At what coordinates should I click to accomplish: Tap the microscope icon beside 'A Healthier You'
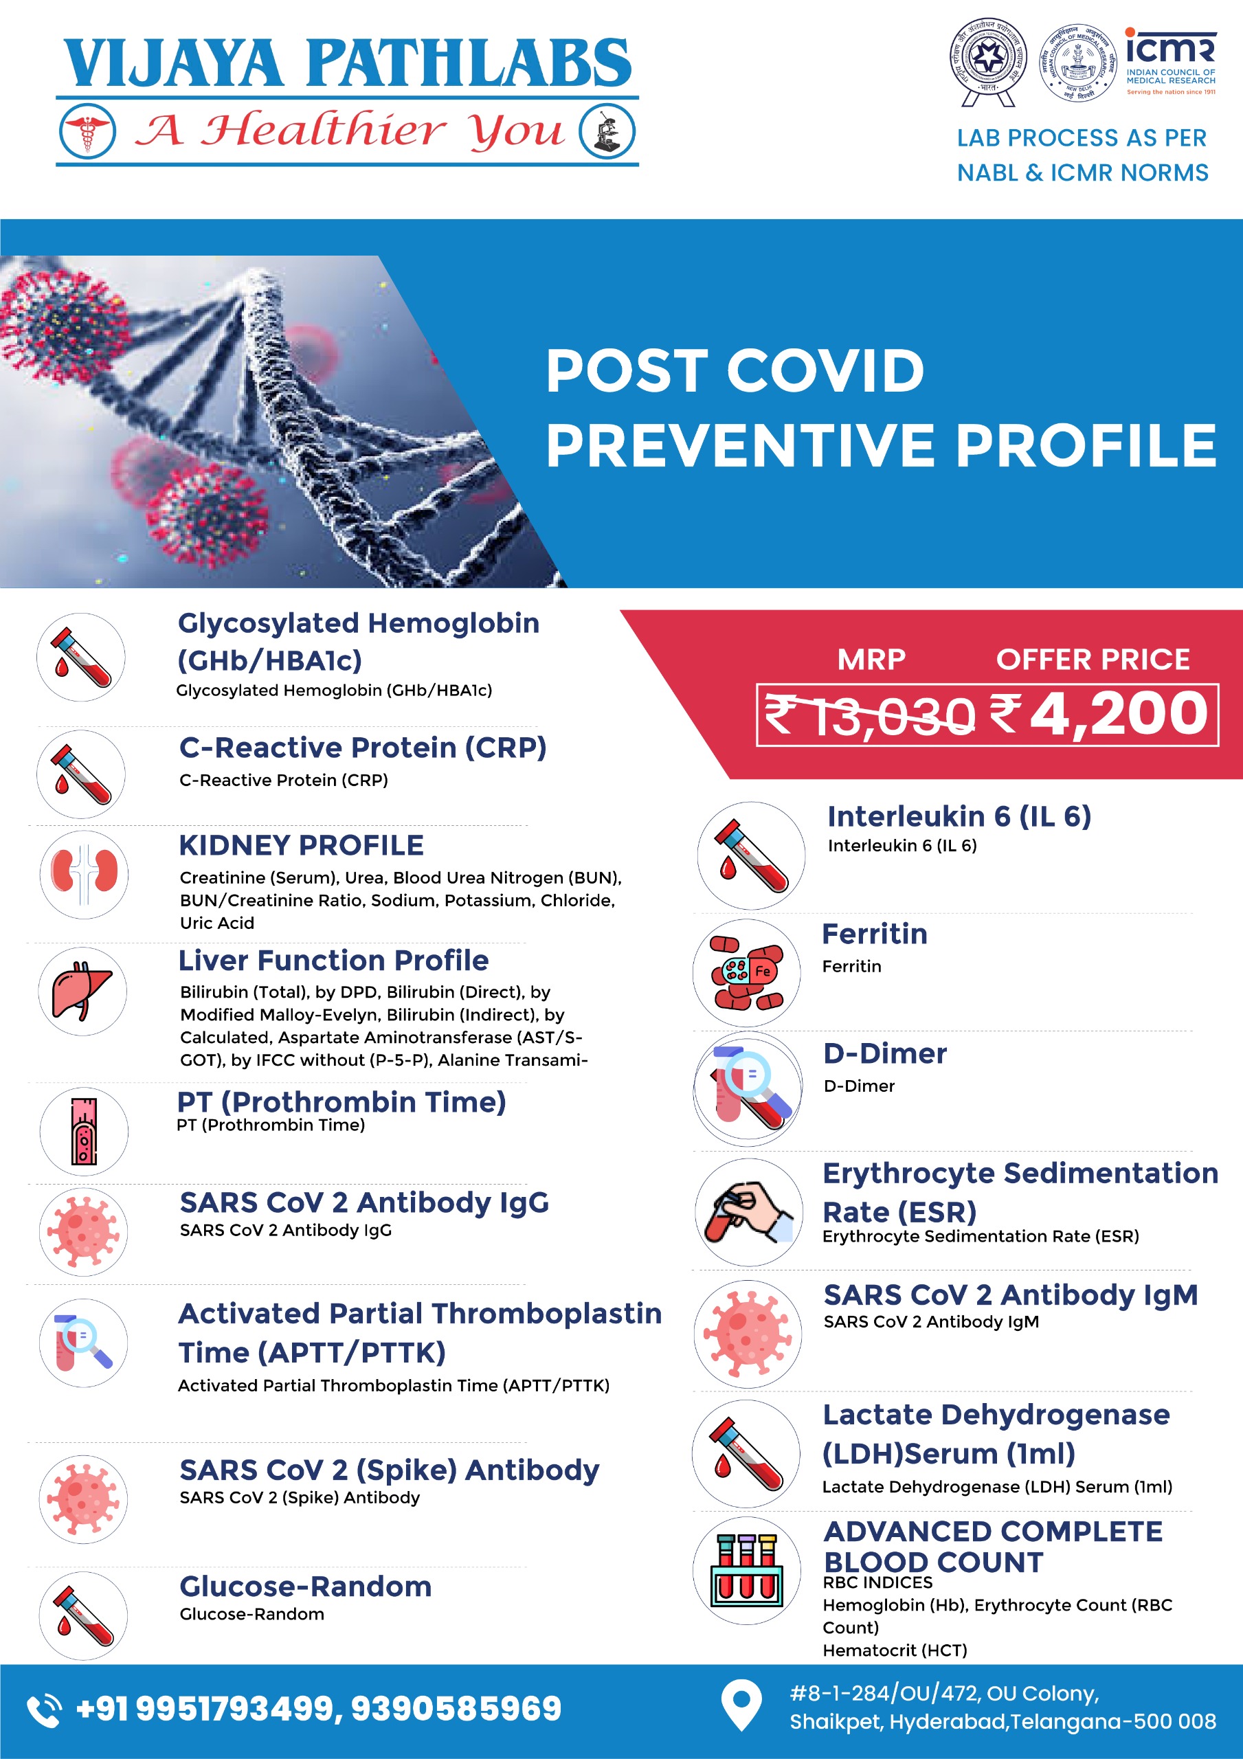tap(607, 132)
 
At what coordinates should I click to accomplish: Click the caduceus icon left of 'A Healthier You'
tap(87, 131)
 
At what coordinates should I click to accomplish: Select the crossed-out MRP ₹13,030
tap(870, 715)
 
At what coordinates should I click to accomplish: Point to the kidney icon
tap(85, 874)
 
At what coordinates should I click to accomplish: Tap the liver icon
tap(82, 991)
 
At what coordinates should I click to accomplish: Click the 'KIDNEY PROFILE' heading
tap(301, 845)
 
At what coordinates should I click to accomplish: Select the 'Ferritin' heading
tap(875, 934)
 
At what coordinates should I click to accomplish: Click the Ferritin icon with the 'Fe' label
tap(746, 973)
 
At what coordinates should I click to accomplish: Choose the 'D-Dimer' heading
tap(885, 1053)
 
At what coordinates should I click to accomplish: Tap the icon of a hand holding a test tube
tap(748, 1212)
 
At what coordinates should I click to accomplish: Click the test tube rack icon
tap(746, 1571)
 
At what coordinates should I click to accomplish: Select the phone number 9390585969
tap(456, 1708)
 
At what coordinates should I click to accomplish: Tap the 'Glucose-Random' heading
tap(305, 1586)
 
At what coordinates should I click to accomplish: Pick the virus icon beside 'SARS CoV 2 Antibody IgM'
tap(747, 1334)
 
